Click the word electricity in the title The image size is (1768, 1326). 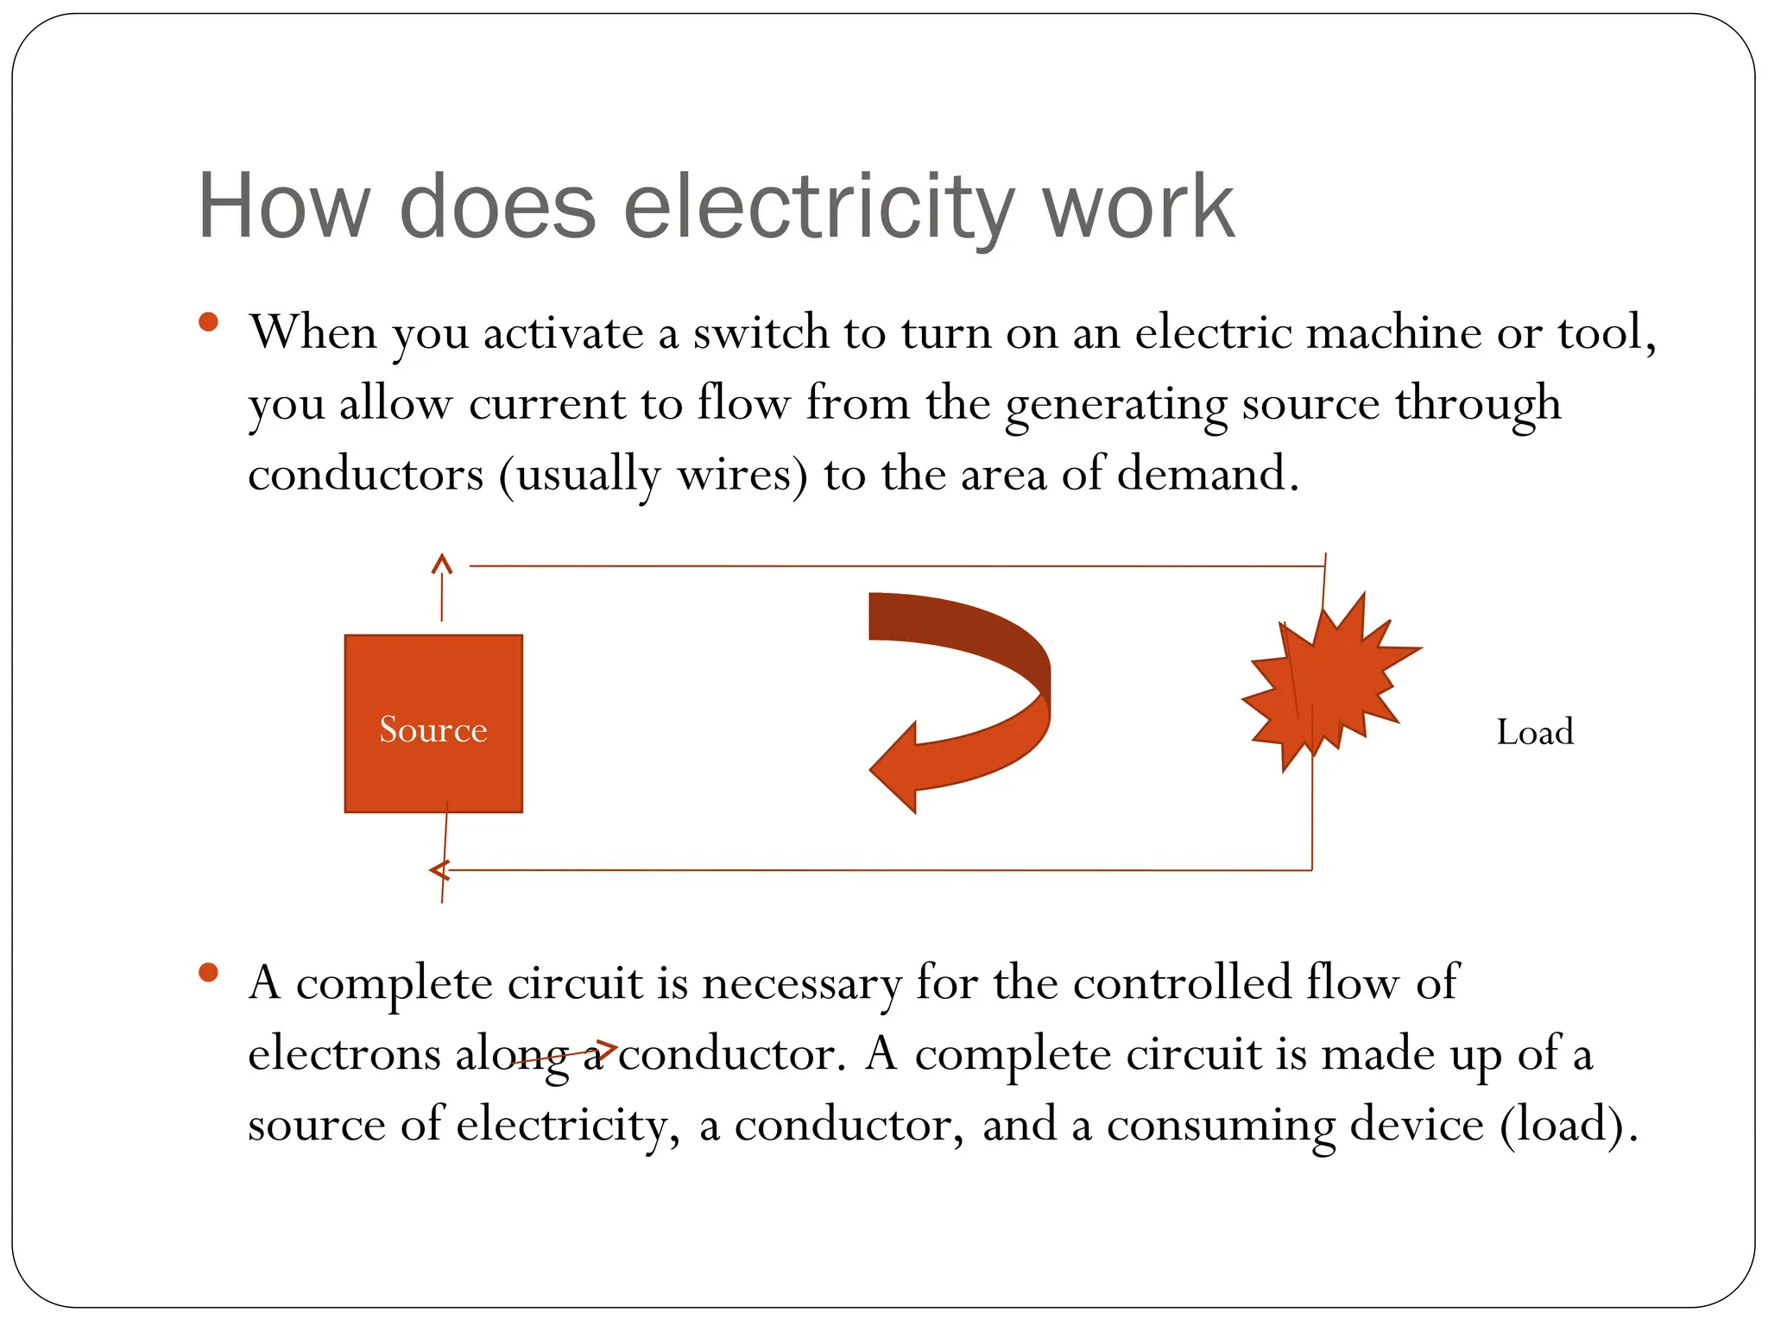(x=816, y=207)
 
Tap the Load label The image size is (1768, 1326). (x=1534, y=732)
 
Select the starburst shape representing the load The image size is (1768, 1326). (x=1334, y=682)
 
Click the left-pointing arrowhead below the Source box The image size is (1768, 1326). (x=439, y=870)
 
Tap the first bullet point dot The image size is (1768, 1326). (x=208, y=322)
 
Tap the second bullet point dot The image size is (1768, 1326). (x=208, y=973)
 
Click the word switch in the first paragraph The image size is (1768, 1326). (x=761, y=333)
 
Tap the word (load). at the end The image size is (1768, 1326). (x=1569, y=1126)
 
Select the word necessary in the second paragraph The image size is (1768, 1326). (x=801, y=984)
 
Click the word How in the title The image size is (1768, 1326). (x=283, y=207)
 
